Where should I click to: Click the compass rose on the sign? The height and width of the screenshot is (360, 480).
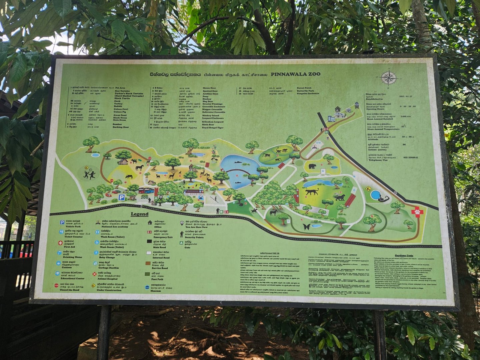[388, 78]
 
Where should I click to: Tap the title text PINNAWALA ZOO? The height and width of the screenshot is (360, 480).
[295, 74]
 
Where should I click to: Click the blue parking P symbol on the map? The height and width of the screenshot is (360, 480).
[122, 197]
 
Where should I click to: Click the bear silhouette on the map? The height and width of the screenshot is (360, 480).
[312, 166]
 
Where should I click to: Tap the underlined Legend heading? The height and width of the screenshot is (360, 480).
[139, 214]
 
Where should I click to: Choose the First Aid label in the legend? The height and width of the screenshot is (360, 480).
[69, 247]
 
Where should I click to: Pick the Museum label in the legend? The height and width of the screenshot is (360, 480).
[155, 291]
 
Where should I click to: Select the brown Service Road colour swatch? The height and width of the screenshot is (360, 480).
[149, 263]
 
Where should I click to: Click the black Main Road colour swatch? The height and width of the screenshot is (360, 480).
[149, 242]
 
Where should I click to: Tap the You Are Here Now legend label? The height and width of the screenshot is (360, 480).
[197, 227]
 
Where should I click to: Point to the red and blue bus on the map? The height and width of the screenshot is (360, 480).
[146, 190]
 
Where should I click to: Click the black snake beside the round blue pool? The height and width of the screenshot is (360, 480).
[383, 199]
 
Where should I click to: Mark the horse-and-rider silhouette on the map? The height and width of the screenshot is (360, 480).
[254, 211]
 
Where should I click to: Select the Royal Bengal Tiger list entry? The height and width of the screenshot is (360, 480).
[213, 128]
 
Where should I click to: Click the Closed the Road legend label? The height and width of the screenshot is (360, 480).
[69, 290]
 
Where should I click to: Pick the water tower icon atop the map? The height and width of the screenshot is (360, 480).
[357, 105]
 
